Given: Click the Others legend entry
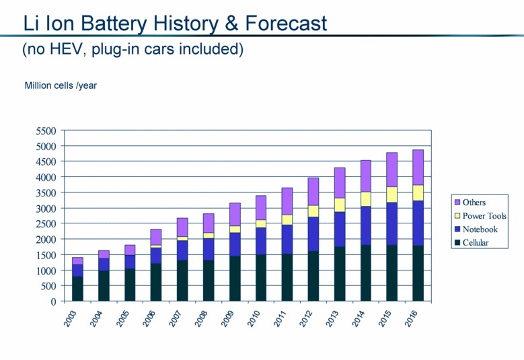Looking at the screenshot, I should point(474,203).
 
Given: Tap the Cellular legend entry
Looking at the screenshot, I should point(475,243).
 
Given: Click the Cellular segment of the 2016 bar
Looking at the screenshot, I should point(418,273).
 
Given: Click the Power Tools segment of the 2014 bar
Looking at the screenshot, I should point(365,199).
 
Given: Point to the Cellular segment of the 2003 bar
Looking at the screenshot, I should point(77,289).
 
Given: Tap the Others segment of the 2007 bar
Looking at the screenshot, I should point(182,227).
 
